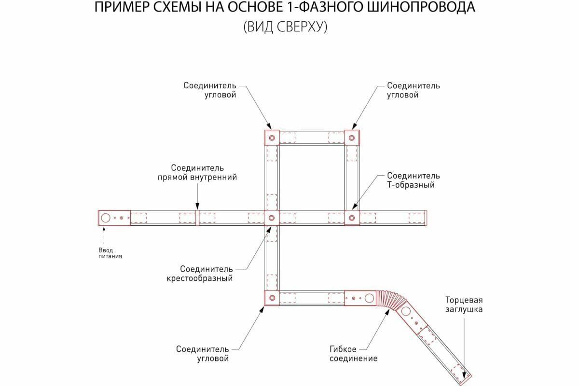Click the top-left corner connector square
[272, 138]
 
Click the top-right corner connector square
[352, 138]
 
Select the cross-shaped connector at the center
[272, 218]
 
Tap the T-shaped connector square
[352, 218]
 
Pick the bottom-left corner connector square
[272, 298]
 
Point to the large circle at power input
[106, 218]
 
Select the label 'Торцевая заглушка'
[463, 304]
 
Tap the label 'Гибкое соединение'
[353, 354]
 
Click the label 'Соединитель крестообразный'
[200, 274]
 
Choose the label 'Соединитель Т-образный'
[413, 180]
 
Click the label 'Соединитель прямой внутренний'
[197, 172]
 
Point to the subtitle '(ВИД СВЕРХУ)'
[286, 27]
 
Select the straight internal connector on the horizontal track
[197, 218]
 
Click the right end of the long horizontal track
[425, 218]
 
